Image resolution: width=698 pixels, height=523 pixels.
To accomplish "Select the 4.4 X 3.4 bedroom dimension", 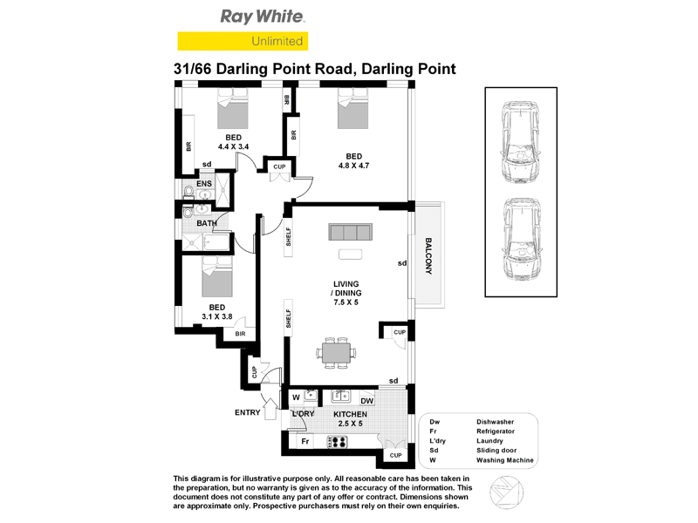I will pos(233,147).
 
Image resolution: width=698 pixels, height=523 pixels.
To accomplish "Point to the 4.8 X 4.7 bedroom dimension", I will pos(353,166).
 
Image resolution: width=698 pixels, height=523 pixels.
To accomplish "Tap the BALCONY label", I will pos(428,256).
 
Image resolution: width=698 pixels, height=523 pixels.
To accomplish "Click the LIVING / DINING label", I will pos(346,293).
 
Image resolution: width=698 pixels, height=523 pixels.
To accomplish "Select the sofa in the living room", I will pos(350,232).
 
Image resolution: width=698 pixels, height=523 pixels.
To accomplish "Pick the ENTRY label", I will pos(247,413).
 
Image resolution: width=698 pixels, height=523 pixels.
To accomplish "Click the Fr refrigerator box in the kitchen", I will pos(305,442).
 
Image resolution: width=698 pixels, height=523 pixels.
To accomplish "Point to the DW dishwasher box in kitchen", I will pos(366,400).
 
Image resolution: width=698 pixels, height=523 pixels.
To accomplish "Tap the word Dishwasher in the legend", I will pos(496,420).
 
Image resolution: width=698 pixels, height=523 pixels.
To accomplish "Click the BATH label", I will pos(207,223).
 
